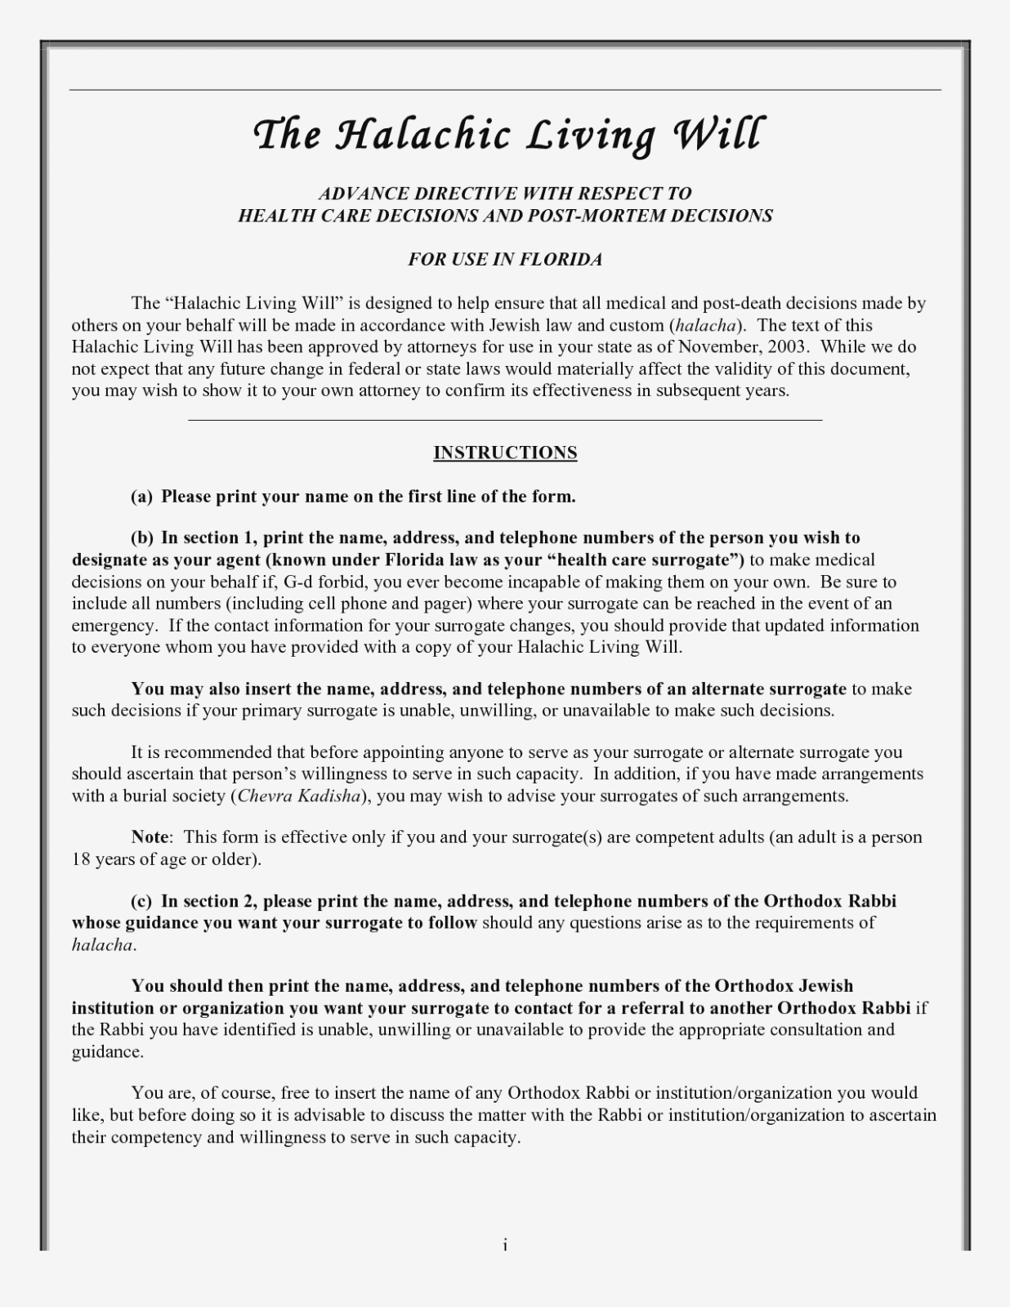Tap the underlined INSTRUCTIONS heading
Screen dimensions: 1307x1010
click(x=505, y=453)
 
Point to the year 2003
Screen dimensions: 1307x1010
click(x=787, y=346)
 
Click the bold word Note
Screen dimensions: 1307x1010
click(x=150, y=836)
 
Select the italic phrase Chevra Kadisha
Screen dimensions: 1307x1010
click(x=298, y=796)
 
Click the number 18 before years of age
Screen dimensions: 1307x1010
click(x=80, y=859)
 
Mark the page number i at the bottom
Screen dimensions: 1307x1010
click(x=505, y=1245)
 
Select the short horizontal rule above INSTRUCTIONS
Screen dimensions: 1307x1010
click(x=505, y=420)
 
